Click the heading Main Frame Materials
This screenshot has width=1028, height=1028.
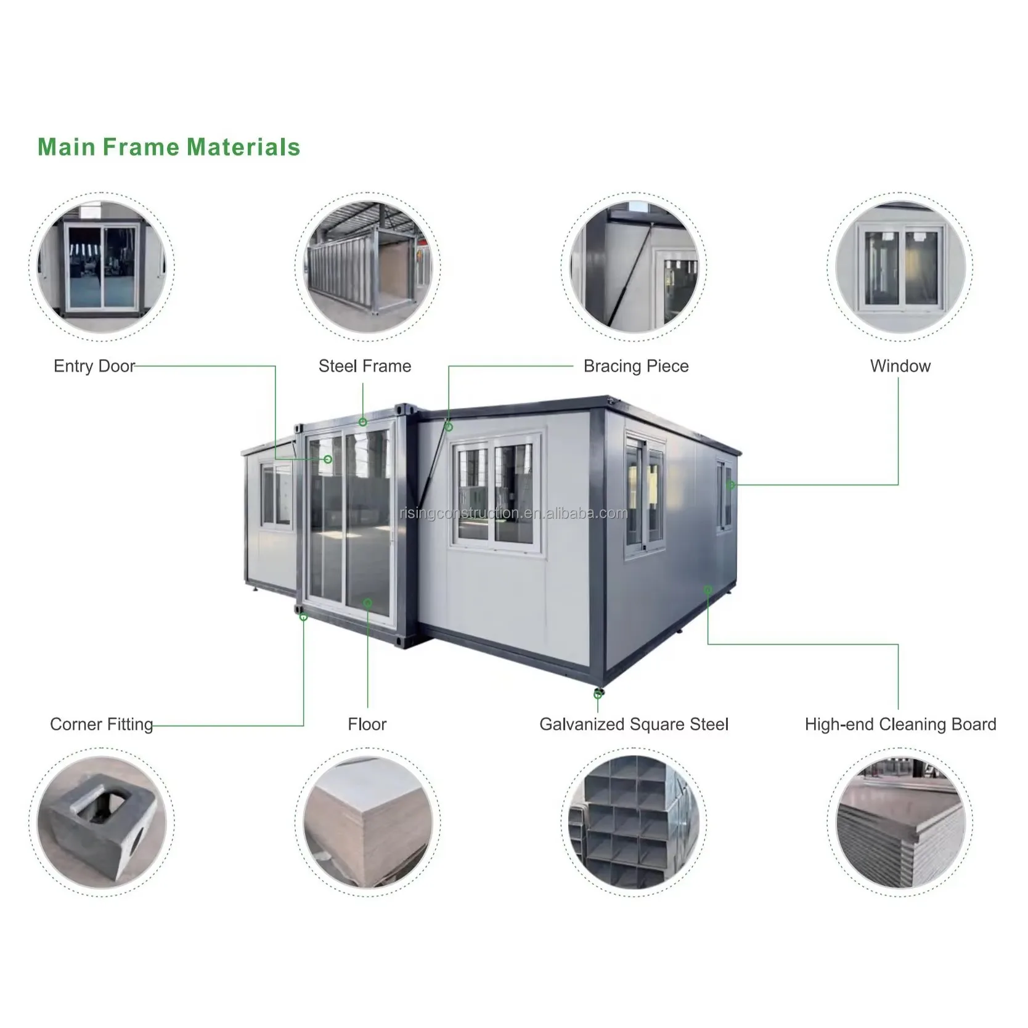tap(169, 147)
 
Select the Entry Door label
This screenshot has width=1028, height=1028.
tap(94, 366)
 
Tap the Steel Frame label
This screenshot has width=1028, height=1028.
tap(364, 366)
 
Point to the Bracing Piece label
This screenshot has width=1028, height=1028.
tap(635, 366)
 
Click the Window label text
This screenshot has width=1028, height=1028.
tap(900, 366)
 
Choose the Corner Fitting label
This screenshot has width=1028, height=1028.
tap(102, 724)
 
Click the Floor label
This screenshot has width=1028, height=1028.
tap(367, 724)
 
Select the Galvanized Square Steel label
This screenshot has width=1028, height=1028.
tap(634, 724)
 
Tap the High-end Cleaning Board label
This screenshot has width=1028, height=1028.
tap(900, 724)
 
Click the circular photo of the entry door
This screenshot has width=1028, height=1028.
tap(102, 266)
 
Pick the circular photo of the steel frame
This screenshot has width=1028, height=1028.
tap(367, 266)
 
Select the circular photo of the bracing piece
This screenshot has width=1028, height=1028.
tap(634, 266)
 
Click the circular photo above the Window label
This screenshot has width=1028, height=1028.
tap(900, 266)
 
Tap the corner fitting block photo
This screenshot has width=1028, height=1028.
tap(102, 822)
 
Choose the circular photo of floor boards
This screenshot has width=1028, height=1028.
tap(367, 822)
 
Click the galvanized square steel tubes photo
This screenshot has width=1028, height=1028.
tap(634, 822)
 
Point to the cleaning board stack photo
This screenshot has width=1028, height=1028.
tap(900, 822)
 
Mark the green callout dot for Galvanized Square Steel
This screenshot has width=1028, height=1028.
tap(597, 695)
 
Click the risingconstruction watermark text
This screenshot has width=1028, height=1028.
tap(513, 513)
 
